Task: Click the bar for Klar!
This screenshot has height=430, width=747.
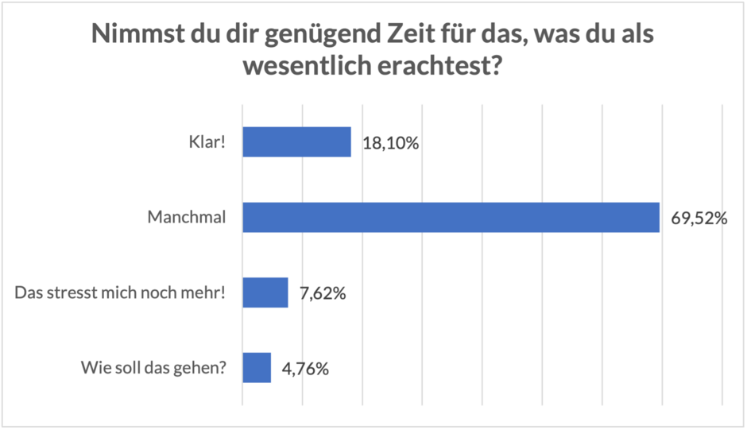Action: (296, 142)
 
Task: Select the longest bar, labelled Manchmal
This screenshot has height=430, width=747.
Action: (451, 217)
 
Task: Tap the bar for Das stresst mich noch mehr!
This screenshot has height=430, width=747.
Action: (265, 292)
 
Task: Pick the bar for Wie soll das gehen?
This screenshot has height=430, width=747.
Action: (256, 368)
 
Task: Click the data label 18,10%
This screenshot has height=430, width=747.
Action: (390, 144)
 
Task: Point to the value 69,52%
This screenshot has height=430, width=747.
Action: (699, 219)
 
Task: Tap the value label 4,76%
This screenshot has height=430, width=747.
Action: (306, 369)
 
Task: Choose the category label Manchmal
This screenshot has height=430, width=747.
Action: (186, 218)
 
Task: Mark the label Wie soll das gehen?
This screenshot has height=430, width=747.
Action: (153, 368)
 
